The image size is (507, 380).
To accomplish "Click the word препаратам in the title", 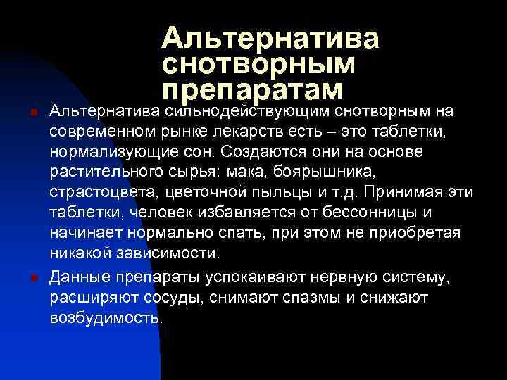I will click(251, 91).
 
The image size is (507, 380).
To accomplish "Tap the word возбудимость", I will click(106, 317).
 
